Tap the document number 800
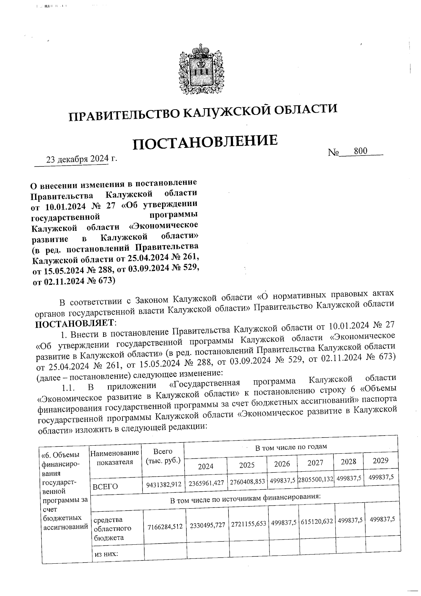click(360, 151)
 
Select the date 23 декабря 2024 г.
click(81, 159)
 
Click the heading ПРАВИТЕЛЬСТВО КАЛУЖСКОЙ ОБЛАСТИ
click(203, 112)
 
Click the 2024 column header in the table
click(206, 466)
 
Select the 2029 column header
click(380, 460)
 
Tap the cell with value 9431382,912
click(163, 484)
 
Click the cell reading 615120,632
click(317, 522)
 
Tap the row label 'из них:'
click(106, 554)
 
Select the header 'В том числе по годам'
click(290, 447)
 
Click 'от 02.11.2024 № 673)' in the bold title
click(74, 281)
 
